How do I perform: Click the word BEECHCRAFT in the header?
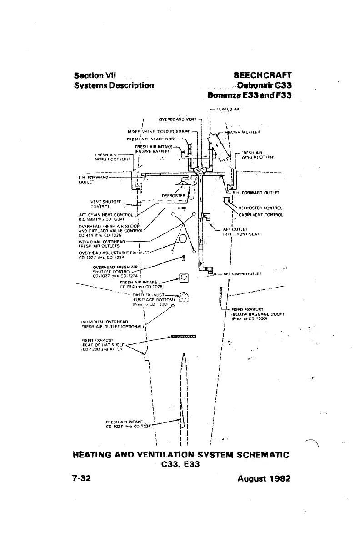262,75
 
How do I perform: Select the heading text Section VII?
96,75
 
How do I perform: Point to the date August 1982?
264,478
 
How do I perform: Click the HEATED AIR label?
228,109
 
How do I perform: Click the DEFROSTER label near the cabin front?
173,196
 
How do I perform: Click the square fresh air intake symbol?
184,277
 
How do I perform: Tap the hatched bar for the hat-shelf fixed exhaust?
183,337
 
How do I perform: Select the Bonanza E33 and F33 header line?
249,95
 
